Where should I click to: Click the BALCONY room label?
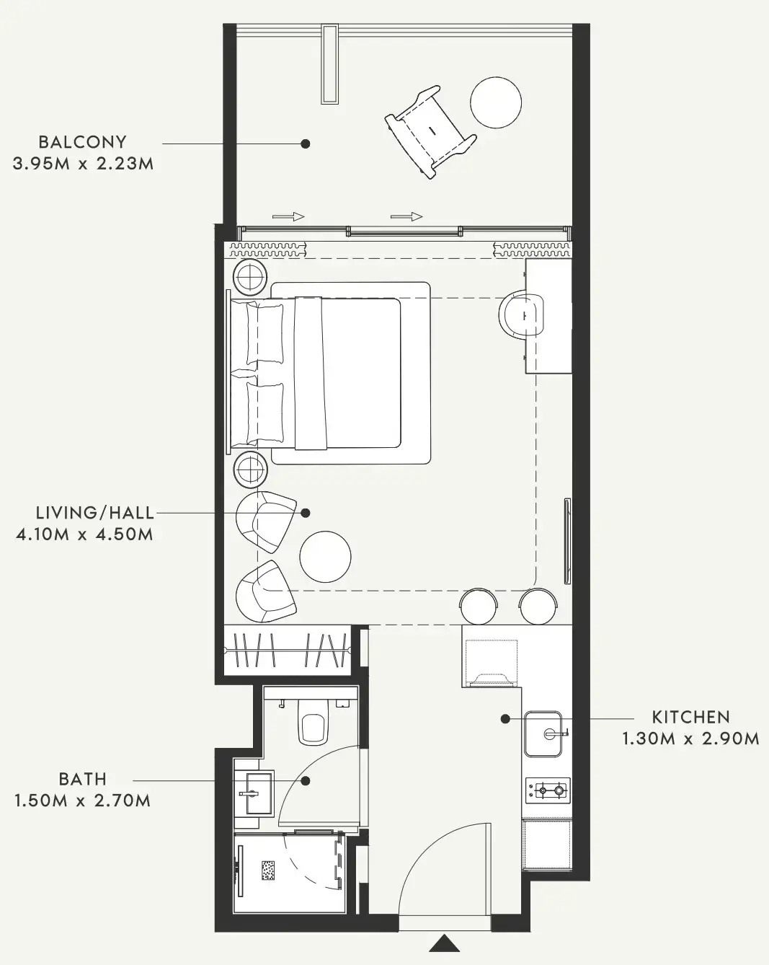82,142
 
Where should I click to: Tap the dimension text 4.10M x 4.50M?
84,534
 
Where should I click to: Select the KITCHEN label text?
690,718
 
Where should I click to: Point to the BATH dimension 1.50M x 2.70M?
82,801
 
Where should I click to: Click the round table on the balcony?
496,102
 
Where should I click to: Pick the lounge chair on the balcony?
430,132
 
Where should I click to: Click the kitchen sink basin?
543,733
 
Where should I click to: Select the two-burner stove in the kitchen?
548,790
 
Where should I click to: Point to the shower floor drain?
268,871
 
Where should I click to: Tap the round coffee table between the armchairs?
325,557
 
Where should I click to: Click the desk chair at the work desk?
521,314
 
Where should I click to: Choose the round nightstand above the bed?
249,277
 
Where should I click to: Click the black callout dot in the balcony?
305,144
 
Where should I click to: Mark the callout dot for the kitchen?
505,719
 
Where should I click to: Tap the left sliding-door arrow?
288,216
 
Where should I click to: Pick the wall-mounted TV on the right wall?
567,540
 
